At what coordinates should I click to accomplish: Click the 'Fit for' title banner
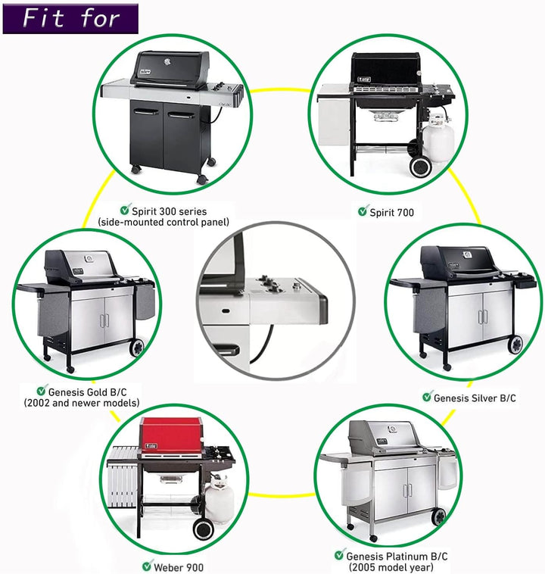pos(70,19)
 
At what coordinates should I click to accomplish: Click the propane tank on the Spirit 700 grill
pos(438,133)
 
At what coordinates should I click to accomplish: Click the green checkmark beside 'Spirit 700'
pos(363,211)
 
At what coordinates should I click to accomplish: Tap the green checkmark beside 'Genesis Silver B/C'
pos(427,396)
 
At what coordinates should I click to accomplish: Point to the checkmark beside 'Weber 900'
pos(147,566)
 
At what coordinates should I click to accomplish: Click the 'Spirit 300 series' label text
pos(169,211)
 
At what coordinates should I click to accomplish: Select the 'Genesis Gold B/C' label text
pos(88,392)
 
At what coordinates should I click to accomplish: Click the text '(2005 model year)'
pos(391,567)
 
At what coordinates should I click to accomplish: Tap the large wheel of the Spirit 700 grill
pos(421,167)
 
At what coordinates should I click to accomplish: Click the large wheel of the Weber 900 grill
pos(203,529)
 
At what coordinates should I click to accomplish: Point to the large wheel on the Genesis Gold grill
pos(137,347)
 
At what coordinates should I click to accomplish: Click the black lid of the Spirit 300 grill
pos(170,69)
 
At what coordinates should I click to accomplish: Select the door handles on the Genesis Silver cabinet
pos(481,317)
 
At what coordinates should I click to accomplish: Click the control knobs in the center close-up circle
pos(271,284)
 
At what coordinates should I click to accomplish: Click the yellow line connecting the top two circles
pos(280,90)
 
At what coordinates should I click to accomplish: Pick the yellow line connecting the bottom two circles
pos(282,495)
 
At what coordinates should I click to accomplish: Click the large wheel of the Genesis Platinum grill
pos(438,517)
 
